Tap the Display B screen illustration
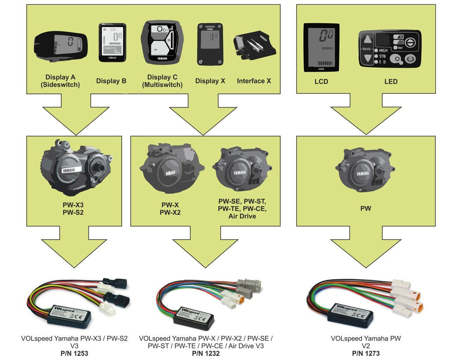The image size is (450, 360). coord(112,42)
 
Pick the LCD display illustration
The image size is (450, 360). coord(321,47)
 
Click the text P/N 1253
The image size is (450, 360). coord(74,353)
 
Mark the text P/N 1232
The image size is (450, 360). coord(206,353)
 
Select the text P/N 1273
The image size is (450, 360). coord(366,353)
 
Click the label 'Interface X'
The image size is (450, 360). coord(254,81)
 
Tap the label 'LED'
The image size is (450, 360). coord(391,81)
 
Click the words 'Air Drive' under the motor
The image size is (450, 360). coord(242,216)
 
